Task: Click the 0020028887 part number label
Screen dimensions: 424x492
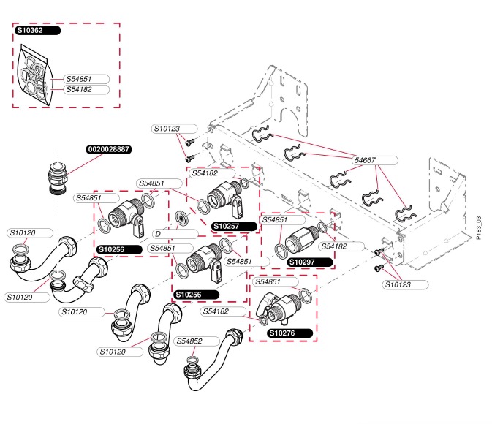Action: pyautogui.click(x=108, y=148)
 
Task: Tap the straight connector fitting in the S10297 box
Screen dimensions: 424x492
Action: pyautogui.click(x=299, y=240)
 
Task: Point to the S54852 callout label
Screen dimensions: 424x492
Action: pyautogui.click(x=196, y=341)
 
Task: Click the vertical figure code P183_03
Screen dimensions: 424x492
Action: pyautogui.click(x=478, y=227)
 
